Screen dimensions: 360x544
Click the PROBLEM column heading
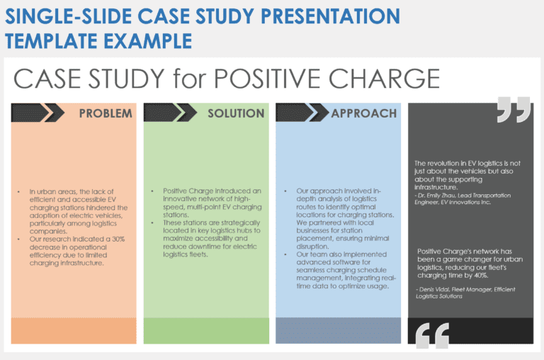coord(105,113)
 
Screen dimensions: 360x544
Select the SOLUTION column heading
coord(236,113)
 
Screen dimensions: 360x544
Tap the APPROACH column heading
coord(364,113)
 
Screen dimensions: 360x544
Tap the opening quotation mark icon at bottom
coord(432,336)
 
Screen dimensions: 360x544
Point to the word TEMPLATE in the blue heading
coord(56,40)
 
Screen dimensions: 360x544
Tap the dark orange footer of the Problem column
coord(74,330)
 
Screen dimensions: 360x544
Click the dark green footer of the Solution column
coord(206,330)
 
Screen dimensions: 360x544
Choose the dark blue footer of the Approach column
coord(338,330)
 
